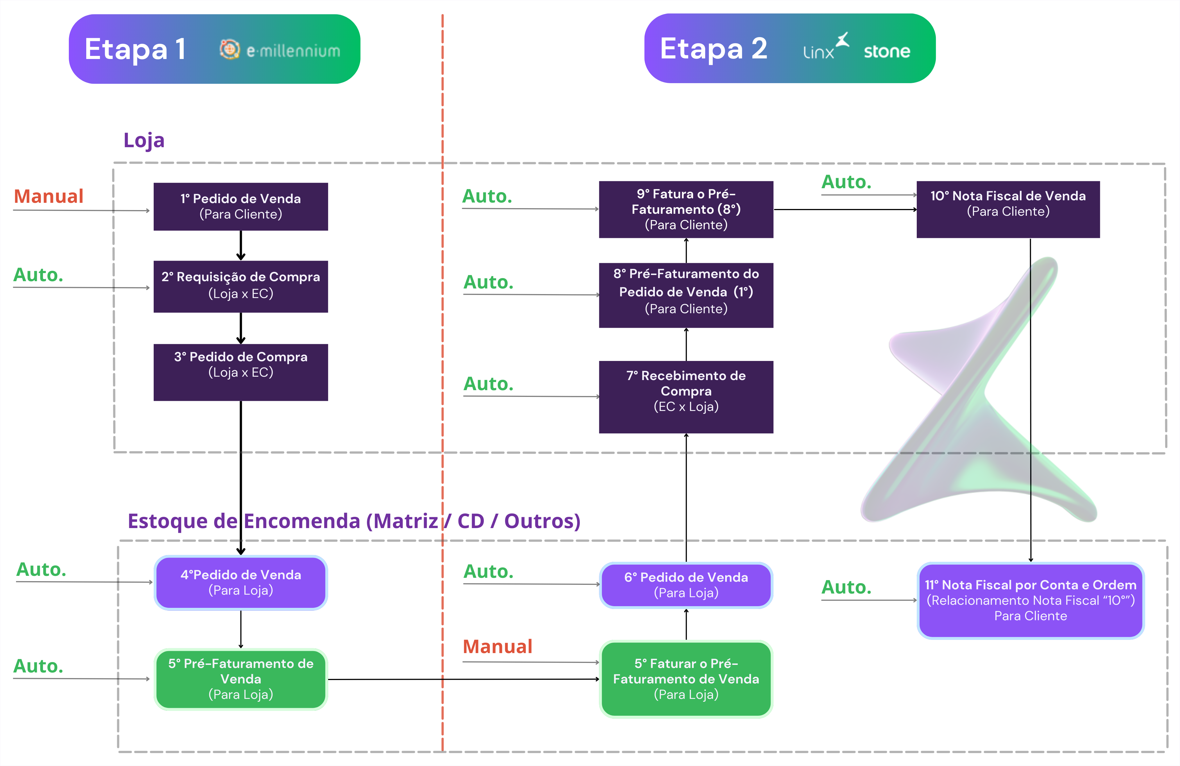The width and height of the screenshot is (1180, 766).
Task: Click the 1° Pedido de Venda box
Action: point(240,206)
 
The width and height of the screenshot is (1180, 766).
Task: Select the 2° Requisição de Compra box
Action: point(240,286)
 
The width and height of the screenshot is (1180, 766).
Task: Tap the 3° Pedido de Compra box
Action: point(240,372)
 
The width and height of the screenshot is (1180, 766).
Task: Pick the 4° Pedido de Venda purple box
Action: point(240,583)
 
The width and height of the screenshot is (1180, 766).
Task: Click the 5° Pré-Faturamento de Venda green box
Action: point(240,679)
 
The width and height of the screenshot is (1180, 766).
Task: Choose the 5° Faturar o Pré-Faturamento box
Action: point(686,679)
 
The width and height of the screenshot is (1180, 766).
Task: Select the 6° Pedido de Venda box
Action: point(686,585)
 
